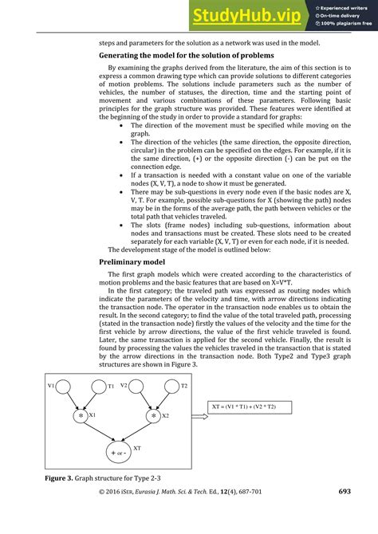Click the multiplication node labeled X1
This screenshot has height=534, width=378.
coord(81,416)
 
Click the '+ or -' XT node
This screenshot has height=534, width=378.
coord(117,454)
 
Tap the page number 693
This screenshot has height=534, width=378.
coord(344,515)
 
